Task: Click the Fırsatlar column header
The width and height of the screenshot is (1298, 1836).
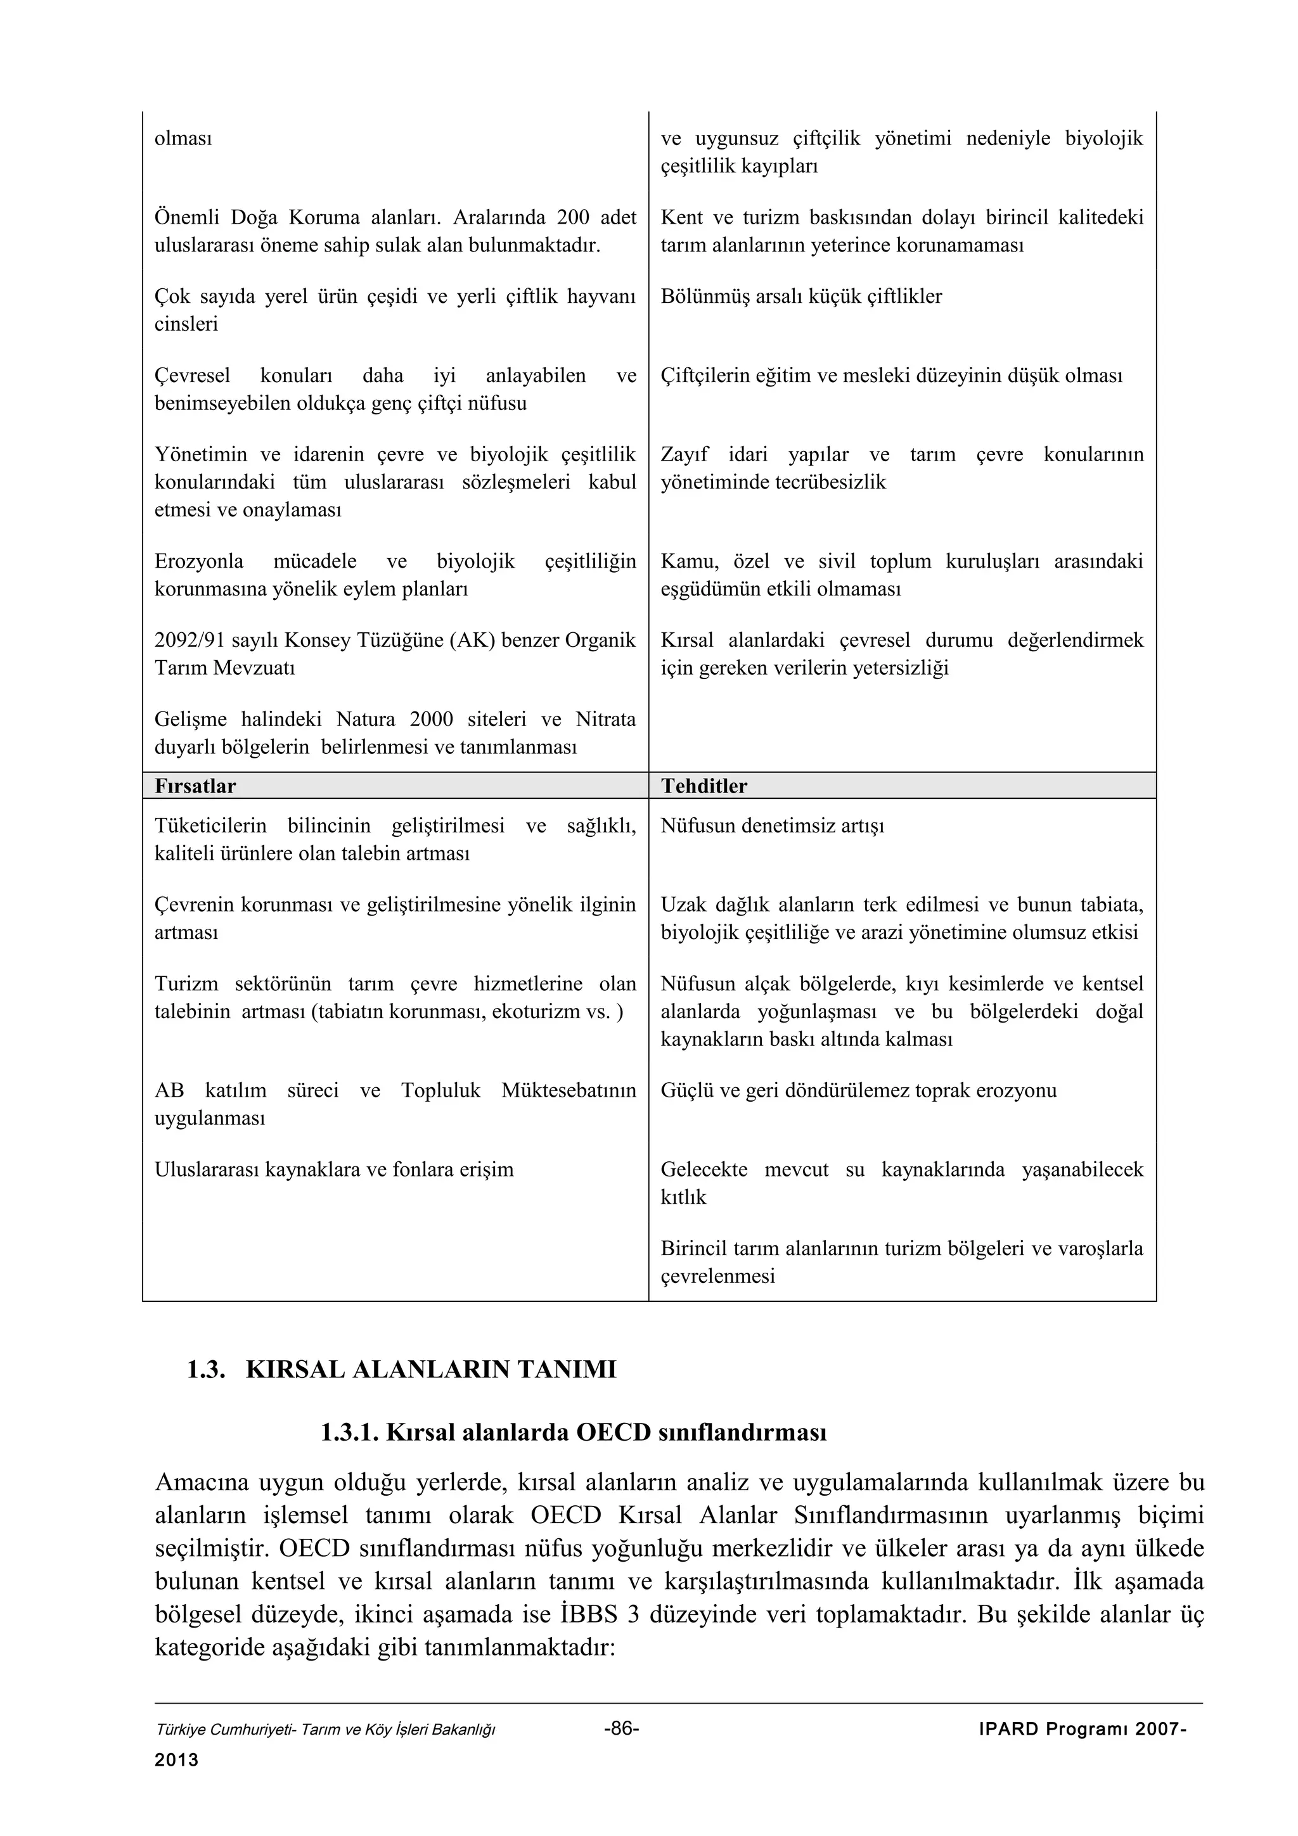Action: [x=195, y=786]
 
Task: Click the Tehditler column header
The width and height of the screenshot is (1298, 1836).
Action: [x=704, y=786]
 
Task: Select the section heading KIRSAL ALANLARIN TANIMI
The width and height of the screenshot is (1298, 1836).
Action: [x=431, y=1369]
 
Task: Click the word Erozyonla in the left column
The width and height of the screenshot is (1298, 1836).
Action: [x=199, y=561]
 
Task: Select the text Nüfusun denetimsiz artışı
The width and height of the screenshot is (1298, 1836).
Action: [x=773, y=826]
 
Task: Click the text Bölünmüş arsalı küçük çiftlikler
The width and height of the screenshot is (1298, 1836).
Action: [x=801, y=296]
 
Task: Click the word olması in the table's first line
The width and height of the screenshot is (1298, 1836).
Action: [x=183, y=138]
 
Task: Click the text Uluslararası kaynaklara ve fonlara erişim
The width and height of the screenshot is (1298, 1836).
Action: [x=333, y=1170]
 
